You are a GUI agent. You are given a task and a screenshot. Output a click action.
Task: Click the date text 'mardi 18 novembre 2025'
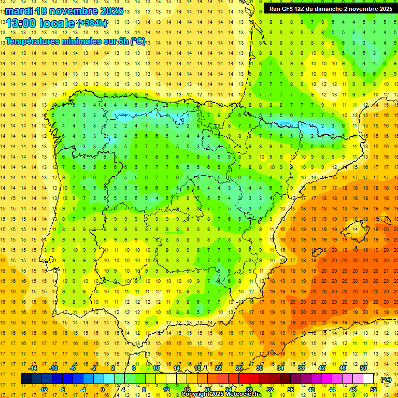point(64,11)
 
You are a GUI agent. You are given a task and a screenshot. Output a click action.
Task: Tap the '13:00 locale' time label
point(40,23)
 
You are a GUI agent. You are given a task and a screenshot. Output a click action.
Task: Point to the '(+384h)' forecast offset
point(93,23)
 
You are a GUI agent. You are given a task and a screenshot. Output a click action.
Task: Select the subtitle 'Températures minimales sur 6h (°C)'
point(76,41)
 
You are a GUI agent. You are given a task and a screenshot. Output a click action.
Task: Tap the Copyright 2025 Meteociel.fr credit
point(221,394)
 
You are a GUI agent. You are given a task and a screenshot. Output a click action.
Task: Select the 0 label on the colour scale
point(102,390)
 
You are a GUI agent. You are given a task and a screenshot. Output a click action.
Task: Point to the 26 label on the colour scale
point(239,368)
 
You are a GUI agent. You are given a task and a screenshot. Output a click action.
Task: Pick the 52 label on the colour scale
point(374,390)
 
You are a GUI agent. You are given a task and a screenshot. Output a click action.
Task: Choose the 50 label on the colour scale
point(363,368)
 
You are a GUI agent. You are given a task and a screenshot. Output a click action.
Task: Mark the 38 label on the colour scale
point(301,368)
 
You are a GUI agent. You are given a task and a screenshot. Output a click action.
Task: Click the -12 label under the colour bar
point(43,390)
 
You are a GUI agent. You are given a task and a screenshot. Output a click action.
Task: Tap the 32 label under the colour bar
point(270,390)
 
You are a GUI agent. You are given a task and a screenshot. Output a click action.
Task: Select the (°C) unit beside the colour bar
point(386,379)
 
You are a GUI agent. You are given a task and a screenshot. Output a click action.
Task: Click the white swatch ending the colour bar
point(368,379)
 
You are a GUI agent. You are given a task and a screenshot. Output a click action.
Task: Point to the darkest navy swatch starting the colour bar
point(26,379)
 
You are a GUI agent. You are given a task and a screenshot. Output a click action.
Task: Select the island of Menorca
point(384,212)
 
